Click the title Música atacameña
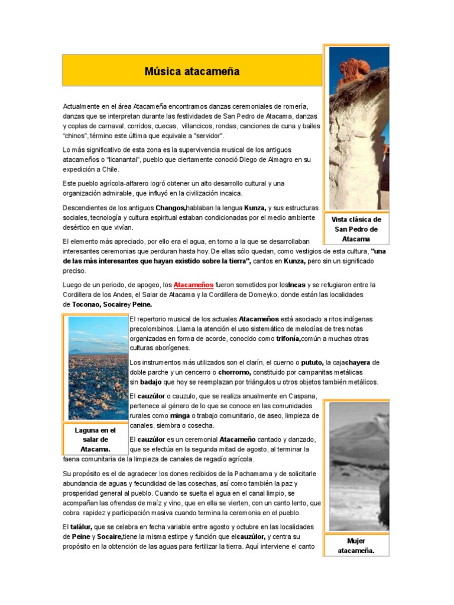click(192, 71)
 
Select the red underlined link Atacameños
click(193, 285)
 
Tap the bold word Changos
click(170, 208)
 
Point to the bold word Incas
click(296, 285)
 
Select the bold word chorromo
click(235, 372)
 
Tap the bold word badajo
click(147, 382)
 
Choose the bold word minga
click(180, 416)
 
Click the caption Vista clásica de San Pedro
click(356, 229)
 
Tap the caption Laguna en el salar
click(95, 440)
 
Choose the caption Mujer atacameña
click(356, 546)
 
